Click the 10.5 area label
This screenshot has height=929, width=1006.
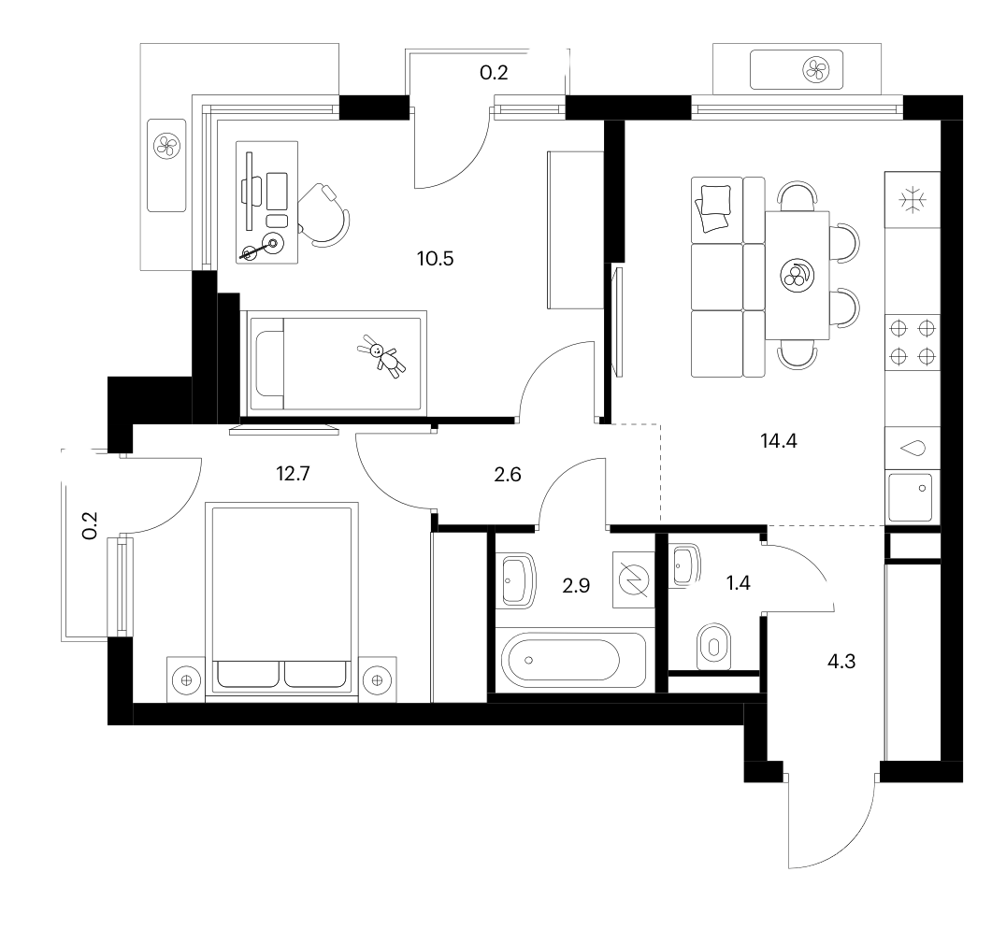click(435, 259)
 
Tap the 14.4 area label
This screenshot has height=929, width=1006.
click(778, 441)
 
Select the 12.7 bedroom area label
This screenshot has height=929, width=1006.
click(293, 474)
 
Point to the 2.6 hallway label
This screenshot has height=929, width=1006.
click(508, 475)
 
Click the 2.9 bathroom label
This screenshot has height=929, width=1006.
click(576, 586)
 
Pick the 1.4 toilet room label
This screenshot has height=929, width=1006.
click(738, 583)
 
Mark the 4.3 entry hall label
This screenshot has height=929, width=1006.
click(841, 662)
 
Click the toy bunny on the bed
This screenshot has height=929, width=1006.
click(381, 356)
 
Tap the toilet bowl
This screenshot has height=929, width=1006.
click(713, 646)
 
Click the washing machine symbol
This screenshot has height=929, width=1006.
click(633, 580)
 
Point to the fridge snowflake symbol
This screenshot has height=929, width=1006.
click(913, 200)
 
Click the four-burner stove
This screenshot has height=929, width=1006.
click(913, 342)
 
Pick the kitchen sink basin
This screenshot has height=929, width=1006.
click(910, 497)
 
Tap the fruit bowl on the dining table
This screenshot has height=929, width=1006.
click(798, 277)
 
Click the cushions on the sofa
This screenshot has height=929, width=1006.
click(713, 207)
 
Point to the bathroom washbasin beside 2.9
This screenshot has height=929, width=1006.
click(518, 580)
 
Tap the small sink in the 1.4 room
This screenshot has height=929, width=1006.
click(685, 565)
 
